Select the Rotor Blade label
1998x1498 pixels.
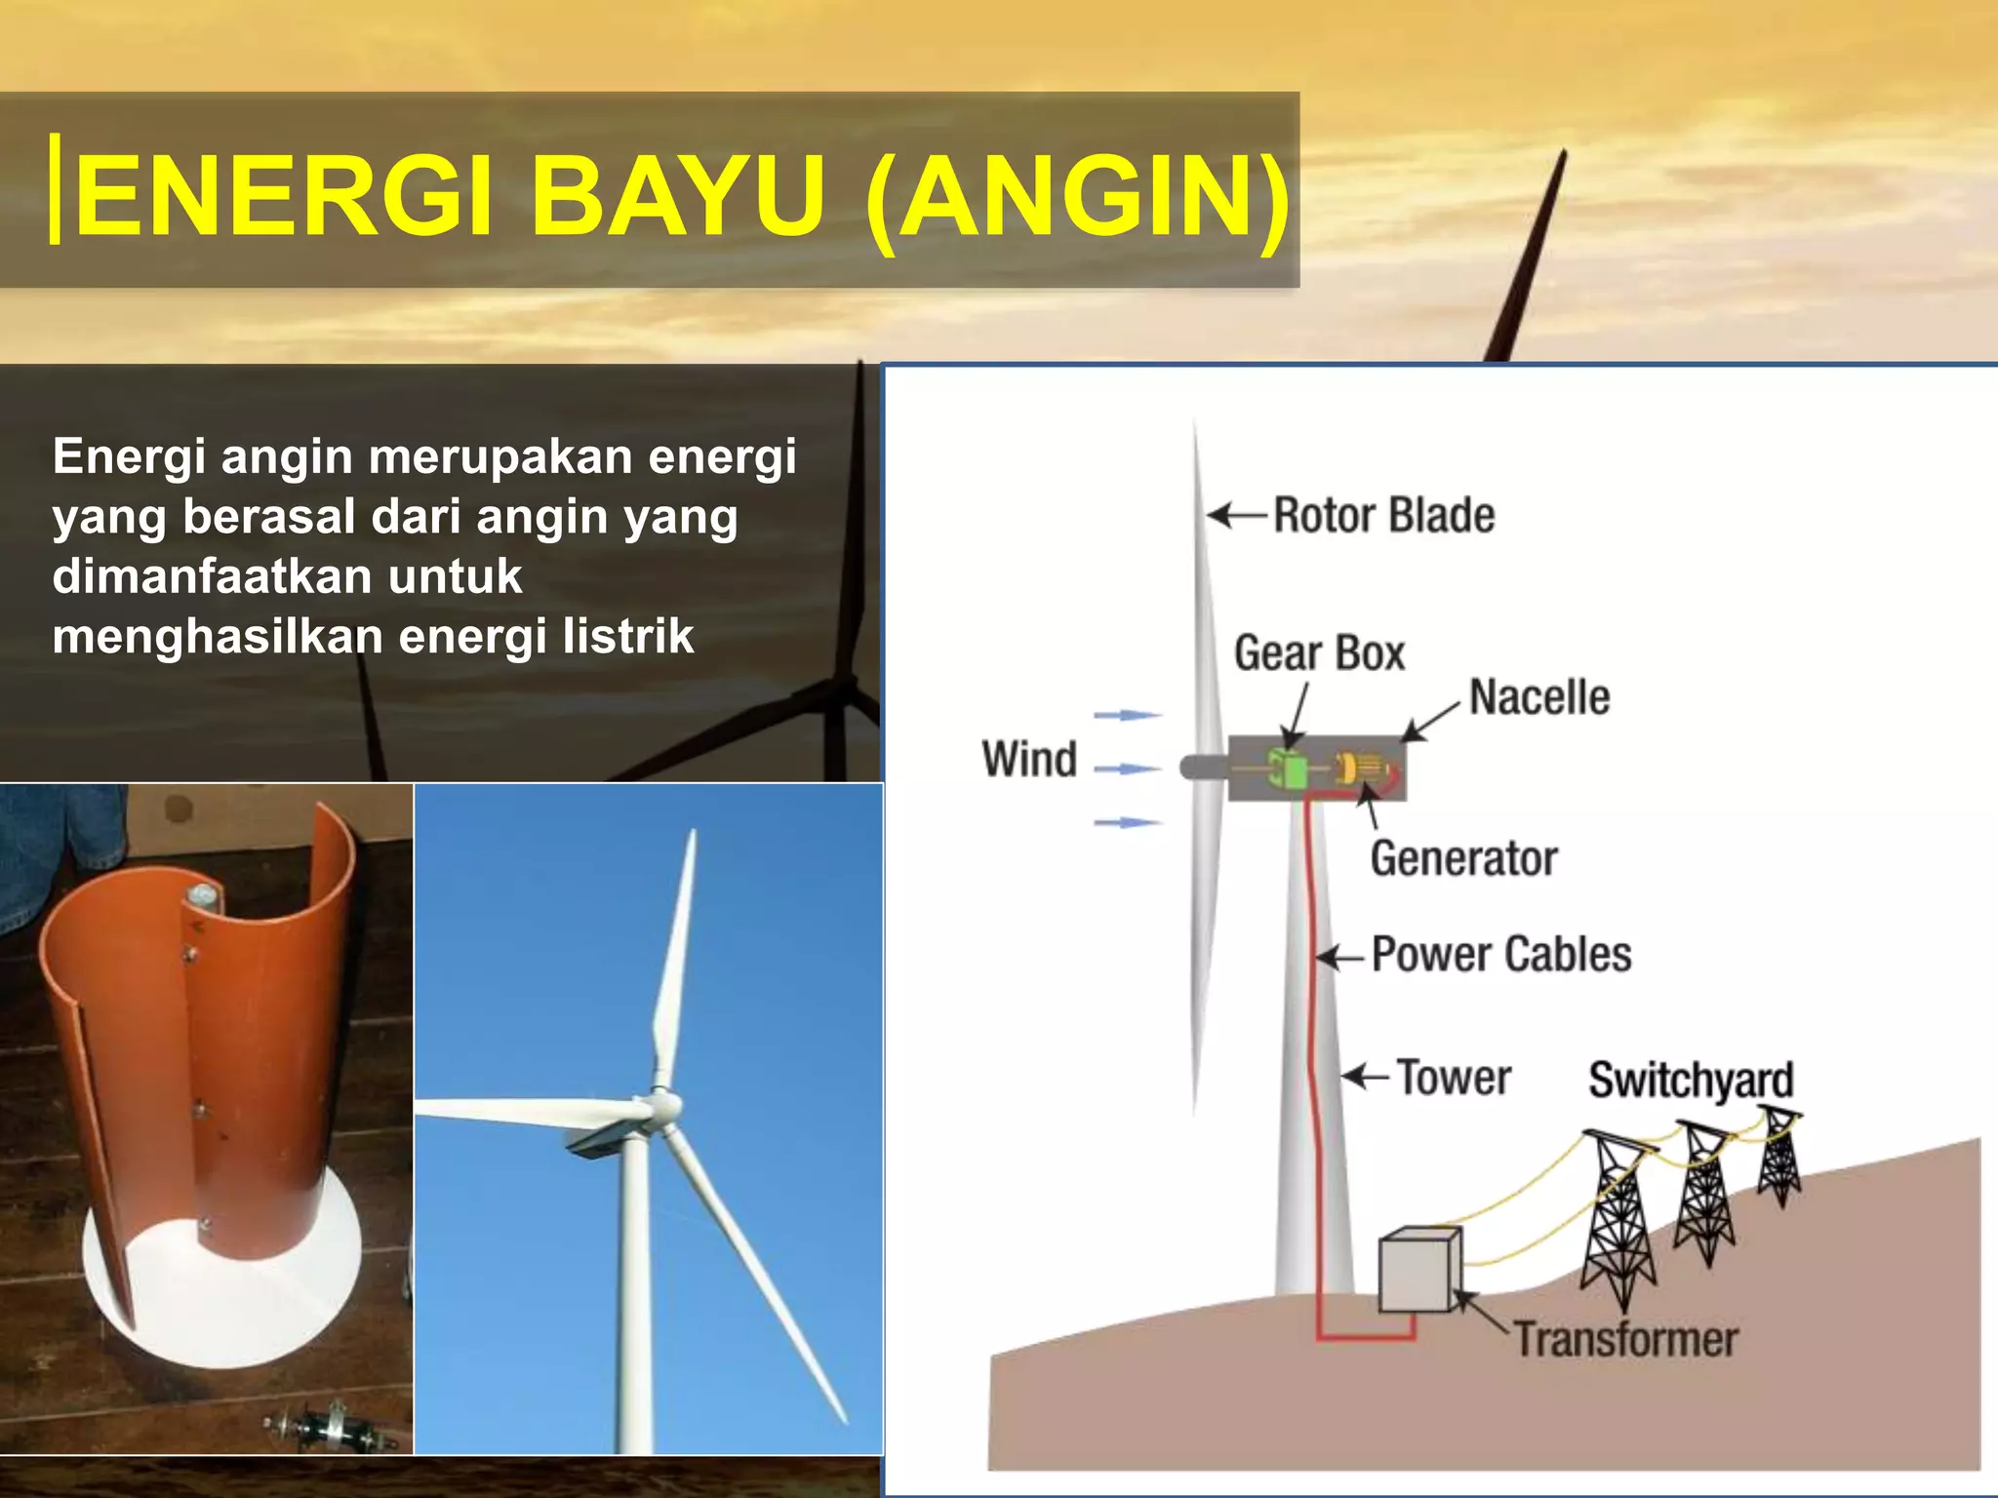tap(1383, 515)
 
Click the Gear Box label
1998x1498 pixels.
tap(1319, 652)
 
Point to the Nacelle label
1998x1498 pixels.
tap(1539, 697)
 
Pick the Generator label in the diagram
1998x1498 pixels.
tap(1463, 859)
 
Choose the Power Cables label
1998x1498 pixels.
tap(1500, 954)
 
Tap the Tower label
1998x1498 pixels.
tap(1454, 1078)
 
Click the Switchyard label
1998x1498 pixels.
tap(1691, 1080)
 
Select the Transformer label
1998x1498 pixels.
tap(1625, 1339)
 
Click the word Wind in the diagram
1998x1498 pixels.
tap(1029, 759)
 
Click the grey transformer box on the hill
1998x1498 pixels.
tap(1419, 1270)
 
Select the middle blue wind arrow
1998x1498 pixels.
tap(1127, 769)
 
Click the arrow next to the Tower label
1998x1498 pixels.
tap(1365, 1077)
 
